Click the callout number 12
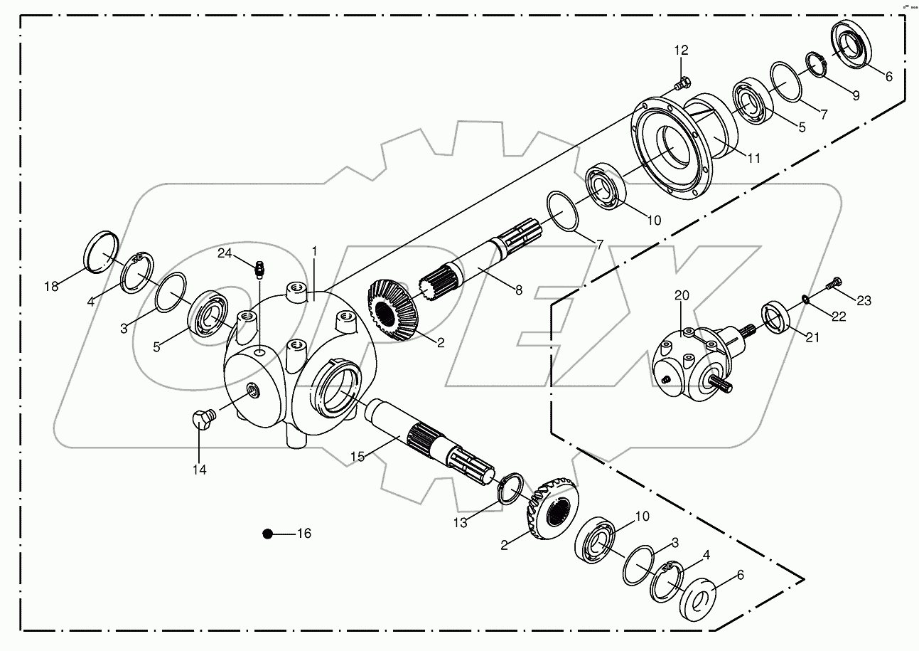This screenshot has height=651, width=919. [682, 51]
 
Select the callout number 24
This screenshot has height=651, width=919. [225, 253]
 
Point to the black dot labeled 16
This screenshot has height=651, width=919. [268, 534]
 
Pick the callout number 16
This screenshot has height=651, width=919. [303, 534]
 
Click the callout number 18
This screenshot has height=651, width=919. [50, 287]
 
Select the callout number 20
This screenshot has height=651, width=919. [682, 295]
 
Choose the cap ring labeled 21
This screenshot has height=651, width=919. [778, 315]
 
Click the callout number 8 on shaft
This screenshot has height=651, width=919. [518, 290]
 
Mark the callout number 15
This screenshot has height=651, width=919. [358, 456]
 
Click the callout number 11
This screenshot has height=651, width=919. [753, 159]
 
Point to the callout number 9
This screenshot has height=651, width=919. [855, 95]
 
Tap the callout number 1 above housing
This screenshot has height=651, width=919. [314, 252]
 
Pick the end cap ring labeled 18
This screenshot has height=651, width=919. [100, 251]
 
